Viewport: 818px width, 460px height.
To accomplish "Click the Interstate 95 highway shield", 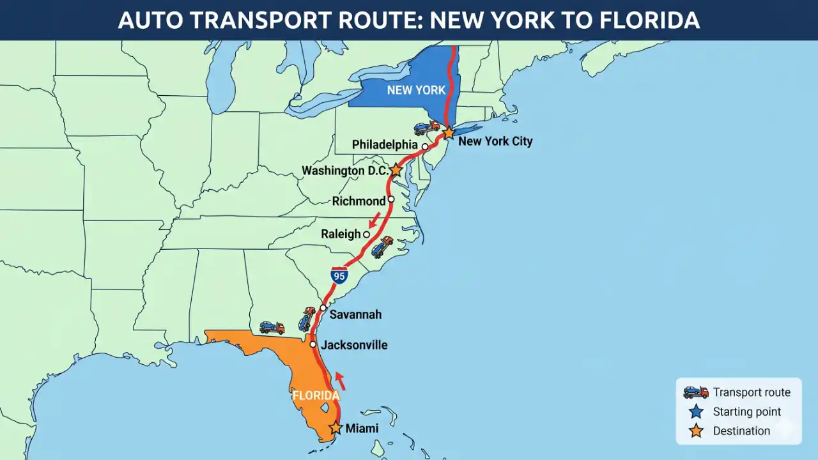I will (339, 276).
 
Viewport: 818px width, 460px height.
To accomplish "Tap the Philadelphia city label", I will (385, 146).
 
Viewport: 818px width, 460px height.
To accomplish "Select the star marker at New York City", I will (449, 133).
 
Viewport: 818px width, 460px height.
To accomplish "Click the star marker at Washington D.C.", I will (396, 170).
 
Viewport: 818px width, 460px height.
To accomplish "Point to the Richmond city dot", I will (391, 199).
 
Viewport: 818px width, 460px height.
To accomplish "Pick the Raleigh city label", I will (341, 234).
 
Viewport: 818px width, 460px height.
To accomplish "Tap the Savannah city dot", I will (323, 308).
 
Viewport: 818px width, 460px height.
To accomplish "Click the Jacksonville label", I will (354, 345).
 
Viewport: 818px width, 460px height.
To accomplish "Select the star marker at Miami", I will (336, 428).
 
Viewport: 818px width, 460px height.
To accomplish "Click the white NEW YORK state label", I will (416, 90).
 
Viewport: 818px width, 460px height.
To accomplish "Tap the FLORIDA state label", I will (316, 395).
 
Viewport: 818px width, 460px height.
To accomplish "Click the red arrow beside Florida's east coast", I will (340, 381).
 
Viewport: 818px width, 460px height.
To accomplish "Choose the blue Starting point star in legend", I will (696, 412).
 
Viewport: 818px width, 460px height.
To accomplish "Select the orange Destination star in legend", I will (696, 431).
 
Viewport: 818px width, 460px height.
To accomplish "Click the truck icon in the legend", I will (696, 392).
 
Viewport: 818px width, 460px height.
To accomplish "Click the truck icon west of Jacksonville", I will (272, 328).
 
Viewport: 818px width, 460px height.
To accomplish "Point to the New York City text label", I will (495, 141).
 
